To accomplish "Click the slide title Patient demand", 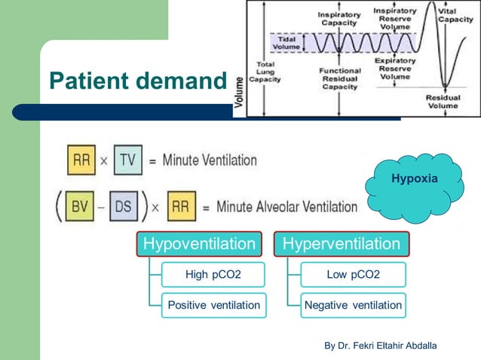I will [x=137, y=81].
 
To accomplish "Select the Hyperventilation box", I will [x=341, y=244].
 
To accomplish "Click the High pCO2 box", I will [x=213, y=275].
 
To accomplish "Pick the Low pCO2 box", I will [x=353, y=275].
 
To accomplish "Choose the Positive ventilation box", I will [x=213, y=305].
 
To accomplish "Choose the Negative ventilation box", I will [x=353, y=305].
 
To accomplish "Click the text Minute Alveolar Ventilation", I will [x=286, y=206].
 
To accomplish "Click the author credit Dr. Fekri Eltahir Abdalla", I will [x=380, y=346].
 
